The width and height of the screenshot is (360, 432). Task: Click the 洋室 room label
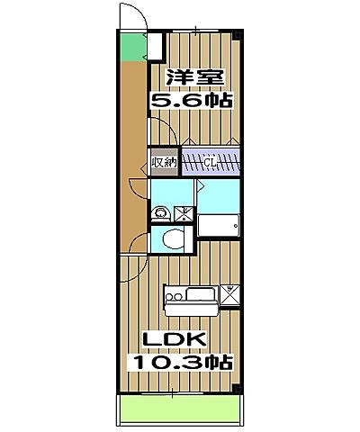point(191,77)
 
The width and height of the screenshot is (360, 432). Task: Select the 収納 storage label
point(164,163)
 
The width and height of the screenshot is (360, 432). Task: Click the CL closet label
point(209,163)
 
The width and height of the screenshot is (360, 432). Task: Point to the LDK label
point(184,339)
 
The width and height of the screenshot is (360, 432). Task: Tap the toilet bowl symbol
point(173,238)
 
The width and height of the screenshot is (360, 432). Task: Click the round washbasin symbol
point(161,213)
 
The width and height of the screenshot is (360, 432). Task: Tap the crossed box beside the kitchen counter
point(229,292)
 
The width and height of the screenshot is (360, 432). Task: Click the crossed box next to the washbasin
point(183,214)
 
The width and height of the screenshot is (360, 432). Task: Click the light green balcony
point(182,413)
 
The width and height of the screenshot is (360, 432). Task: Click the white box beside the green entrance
point(155,47)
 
